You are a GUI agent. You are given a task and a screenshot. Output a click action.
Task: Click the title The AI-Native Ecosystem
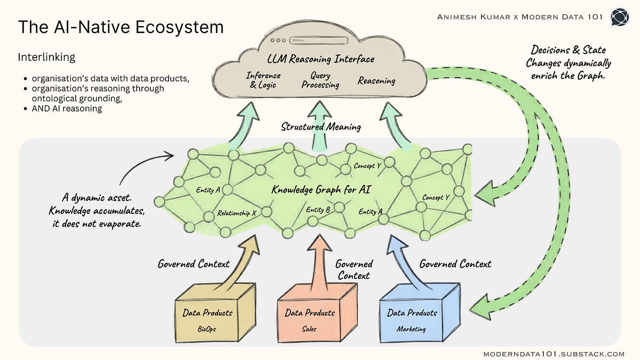(x=121, y=27)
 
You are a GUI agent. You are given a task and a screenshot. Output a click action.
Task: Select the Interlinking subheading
(x=46, y=57)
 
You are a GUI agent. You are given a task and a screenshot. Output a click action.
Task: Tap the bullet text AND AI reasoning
(x=67, y=109)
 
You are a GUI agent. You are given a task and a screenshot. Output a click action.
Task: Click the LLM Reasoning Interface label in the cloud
(x=321, y=59)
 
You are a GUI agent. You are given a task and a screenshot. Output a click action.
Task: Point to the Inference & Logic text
(x=263, y=81)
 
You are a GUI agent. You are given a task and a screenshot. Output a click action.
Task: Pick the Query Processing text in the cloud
(x=321, y=81)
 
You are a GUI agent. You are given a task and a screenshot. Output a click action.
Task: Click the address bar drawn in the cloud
(x=319, y=41)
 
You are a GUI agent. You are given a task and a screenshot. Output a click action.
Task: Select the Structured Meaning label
(x=321, y=126)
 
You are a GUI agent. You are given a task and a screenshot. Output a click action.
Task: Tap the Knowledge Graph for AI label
(x=321, y=189)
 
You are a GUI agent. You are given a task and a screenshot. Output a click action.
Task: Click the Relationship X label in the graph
(x=237, y=213)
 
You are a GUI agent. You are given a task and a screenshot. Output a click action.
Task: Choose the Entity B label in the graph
(x=318, y=210)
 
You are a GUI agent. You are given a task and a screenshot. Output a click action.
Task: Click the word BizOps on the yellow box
(x=206, y=329)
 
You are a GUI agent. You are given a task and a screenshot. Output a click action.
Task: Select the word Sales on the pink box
(x=309, y=329)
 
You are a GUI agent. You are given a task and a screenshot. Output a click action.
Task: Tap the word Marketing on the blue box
(x=411, y=329)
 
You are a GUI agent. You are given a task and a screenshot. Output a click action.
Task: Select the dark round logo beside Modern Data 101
(x=620, y=17)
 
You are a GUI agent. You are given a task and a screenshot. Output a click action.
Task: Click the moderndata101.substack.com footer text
(x=554, y=354)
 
